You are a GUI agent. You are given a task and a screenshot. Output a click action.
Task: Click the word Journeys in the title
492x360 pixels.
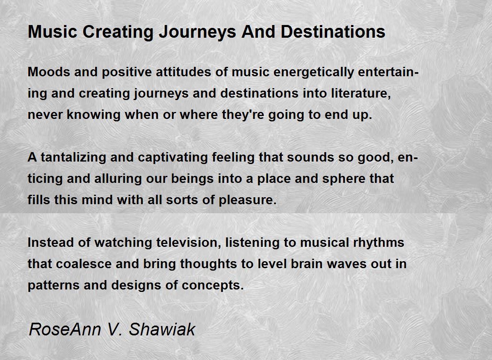(x=198, y=32)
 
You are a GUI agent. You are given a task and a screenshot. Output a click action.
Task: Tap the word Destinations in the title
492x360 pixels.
(x=333, y=32)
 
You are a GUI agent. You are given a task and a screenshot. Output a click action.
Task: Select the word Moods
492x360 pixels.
(x=49, y=72)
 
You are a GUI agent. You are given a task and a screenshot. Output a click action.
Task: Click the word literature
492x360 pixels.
(x=361, y=93)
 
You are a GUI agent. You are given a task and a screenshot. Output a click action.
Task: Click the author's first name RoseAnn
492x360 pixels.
(x=65, y=330)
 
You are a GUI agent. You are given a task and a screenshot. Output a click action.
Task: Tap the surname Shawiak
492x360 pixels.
(x=162, y=330)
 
